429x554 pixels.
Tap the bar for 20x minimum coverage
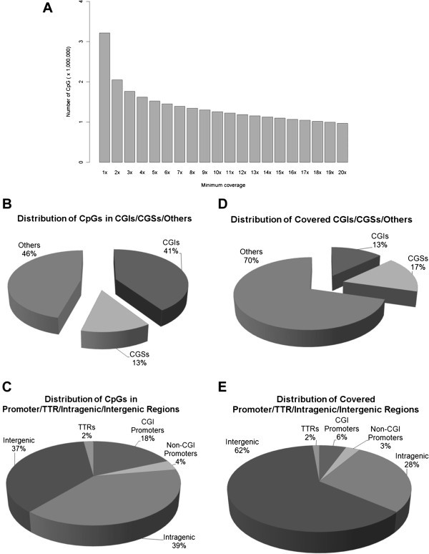coord(342,143)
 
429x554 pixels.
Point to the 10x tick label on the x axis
coord(217,172)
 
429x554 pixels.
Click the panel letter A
coord(46,9)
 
